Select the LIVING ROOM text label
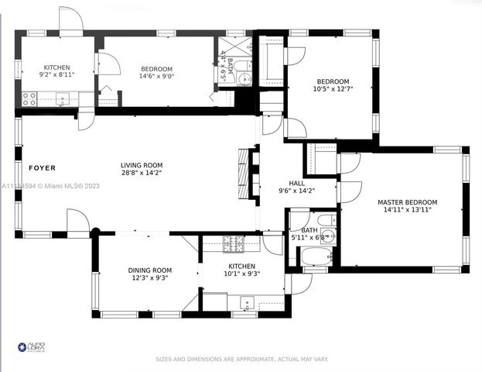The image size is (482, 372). click(141, 164)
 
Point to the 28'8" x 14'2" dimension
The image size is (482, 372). click(141, 173)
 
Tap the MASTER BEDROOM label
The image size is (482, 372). click(407, 202)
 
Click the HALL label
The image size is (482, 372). click(297, 183)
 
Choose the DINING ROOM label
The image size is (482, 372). click(149, 270)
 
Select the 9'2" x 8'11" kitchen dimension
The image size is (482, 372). click(56, 75)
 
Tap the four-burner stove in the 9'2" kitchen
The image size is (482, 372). click(29, 98)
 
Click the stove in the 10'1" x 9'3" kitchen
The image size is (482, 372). click(234, 243)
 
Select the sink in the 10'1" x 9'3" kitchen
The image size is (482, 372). click(245, 302)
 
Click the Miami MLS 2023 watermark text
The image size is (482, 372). click(50, 185)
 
